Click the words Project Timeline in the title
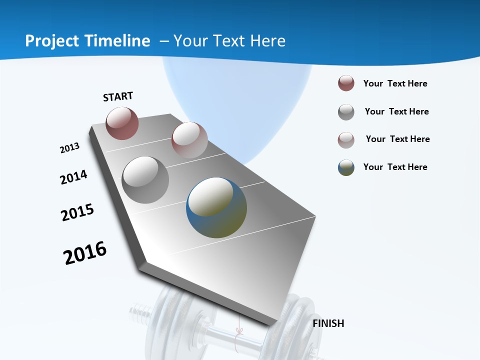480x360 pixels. [87, 41]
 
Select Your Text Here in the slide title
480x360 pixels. [229, 41]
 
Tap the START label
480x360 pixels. [118, 96]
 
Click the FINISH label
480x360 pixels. [328, 323]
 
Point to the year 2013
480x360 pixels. [69, 148]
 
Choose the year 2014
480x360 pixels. [73, 177]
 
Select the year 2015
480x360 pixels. [77, 212]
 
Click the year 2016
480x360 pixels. [85, 253]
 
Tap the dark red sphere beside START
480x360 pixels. [122, 123]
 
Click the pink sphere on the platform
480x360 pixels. [189, 140]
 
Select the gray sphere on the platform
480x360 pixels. [145, 180]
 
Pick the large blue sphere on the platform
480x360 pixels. [216, 207]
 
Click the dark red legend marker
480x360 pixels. [346, 83]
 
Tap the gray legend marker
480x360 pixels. [346, 112]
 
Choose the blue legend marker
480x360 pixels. [346, 167]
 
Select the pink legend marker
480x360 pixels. [346, 140]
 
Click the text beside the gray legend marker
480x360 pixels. [396, 111]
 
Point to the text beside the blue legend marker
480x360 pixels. [395, 167]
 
